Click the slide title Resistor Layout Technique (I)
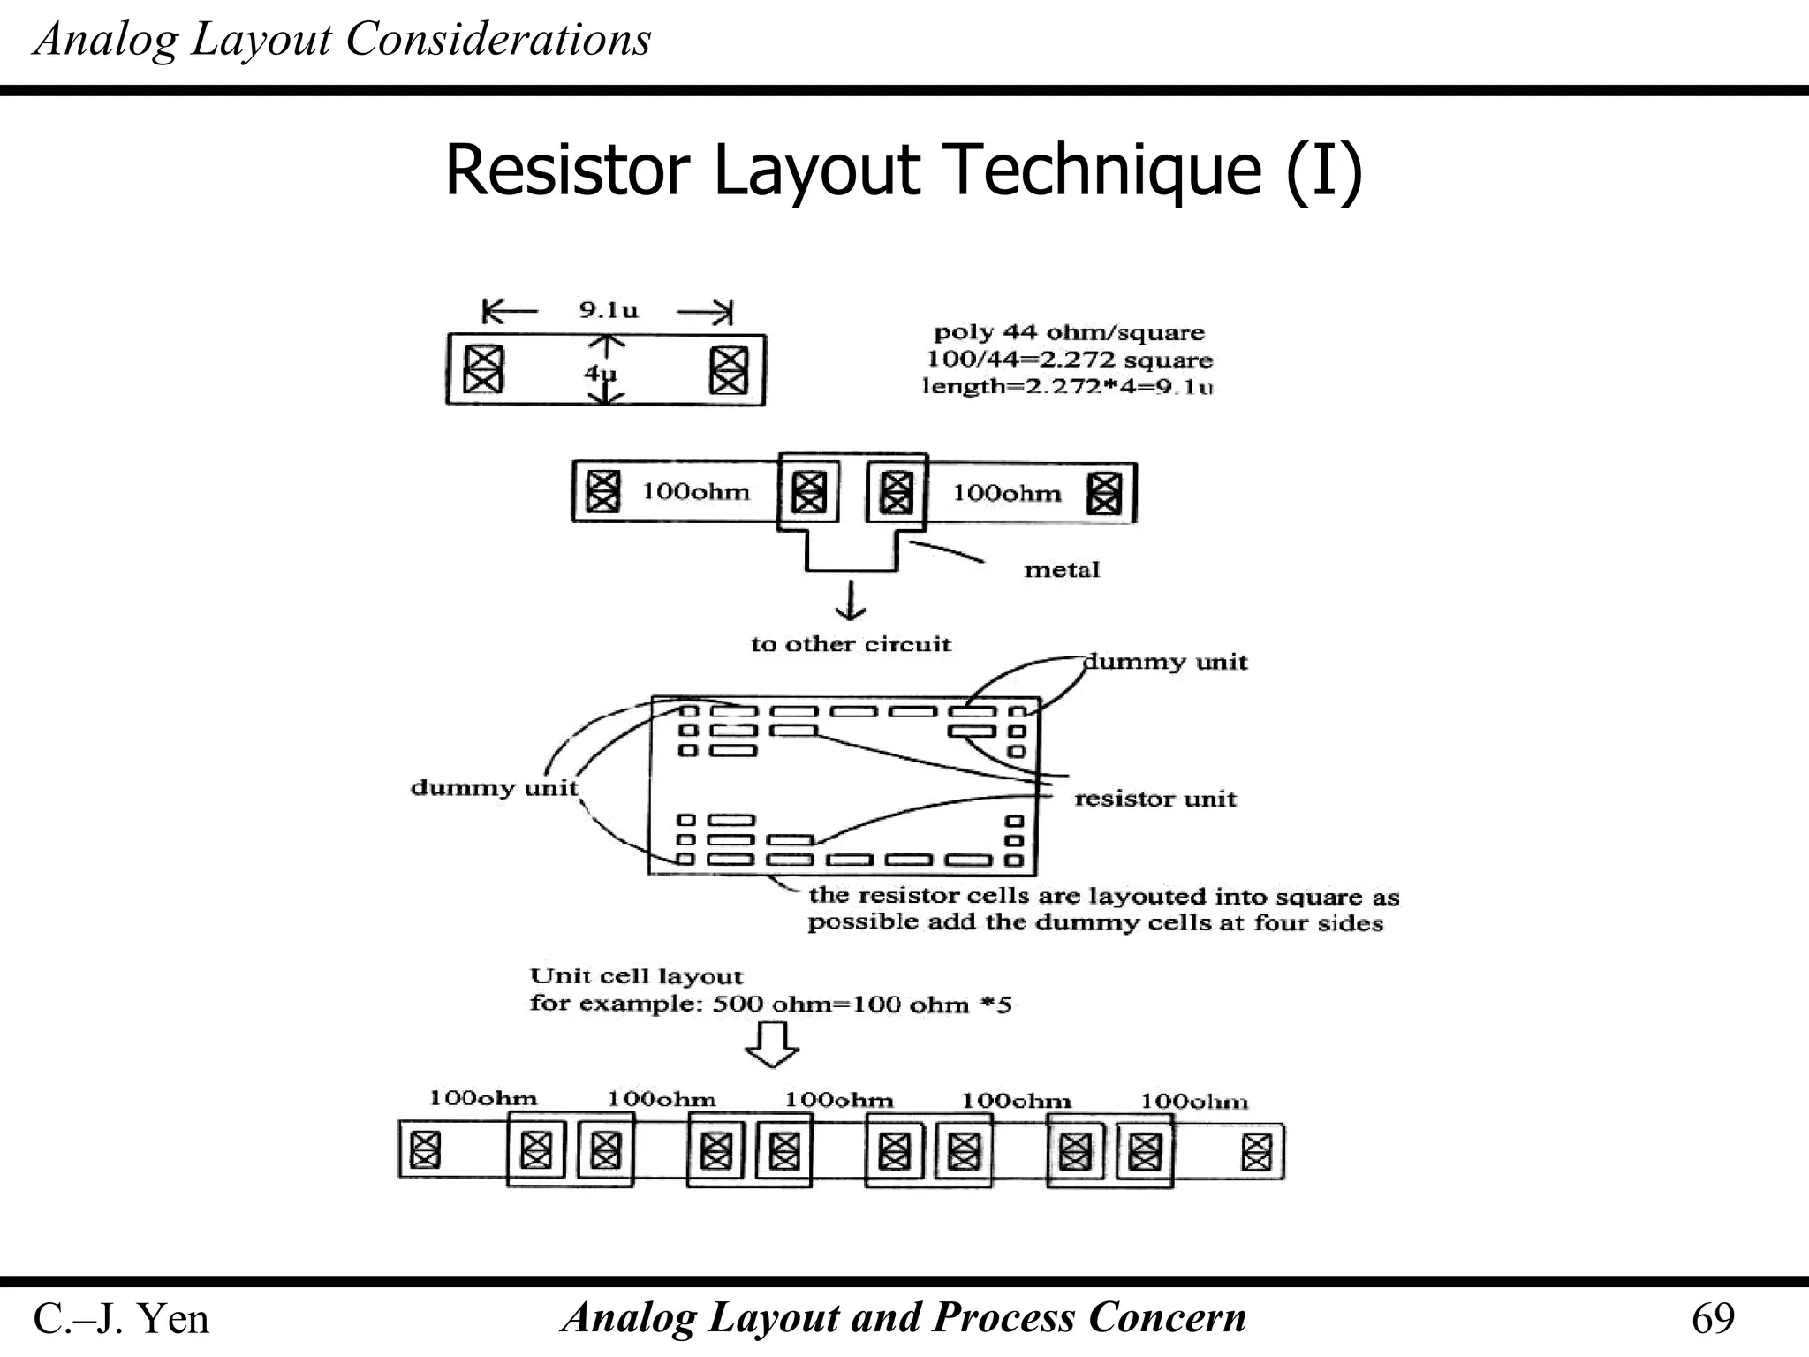click(x=904, y=170)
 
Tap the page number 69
click(x=1713, y=1318)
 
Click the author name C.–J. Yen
click(x=121, y=1319)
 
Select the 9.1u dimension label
click(x=609, y=310)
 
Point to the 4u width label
click(x=600, y=373)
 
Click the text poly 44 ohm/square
click(x=1069, y=333)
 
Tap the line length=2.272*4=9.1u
click(x=1067, y=386)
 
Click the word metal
click(x=1062, y=570)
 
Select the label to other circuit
click(x=851, y=644)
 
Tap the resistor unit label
click(x=1154, y=799)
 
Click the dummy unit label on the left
click(x=494, y=787)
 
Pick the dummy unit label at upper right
click(x=1166, y=662)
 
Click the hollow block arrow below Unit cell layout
click(x=772, y=1044)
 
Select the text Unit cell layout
click(x=636, y=976)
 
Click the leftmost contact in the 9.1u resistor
click(x=484, y=369)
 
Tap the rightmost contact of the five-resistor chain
click(x=1256, y=1151)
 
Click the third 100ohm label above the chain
click(x=839, y=1100)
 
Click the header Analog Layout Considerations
click(x=342, y=39)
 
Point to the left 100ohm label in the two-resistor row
click(x=695, y=491)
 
